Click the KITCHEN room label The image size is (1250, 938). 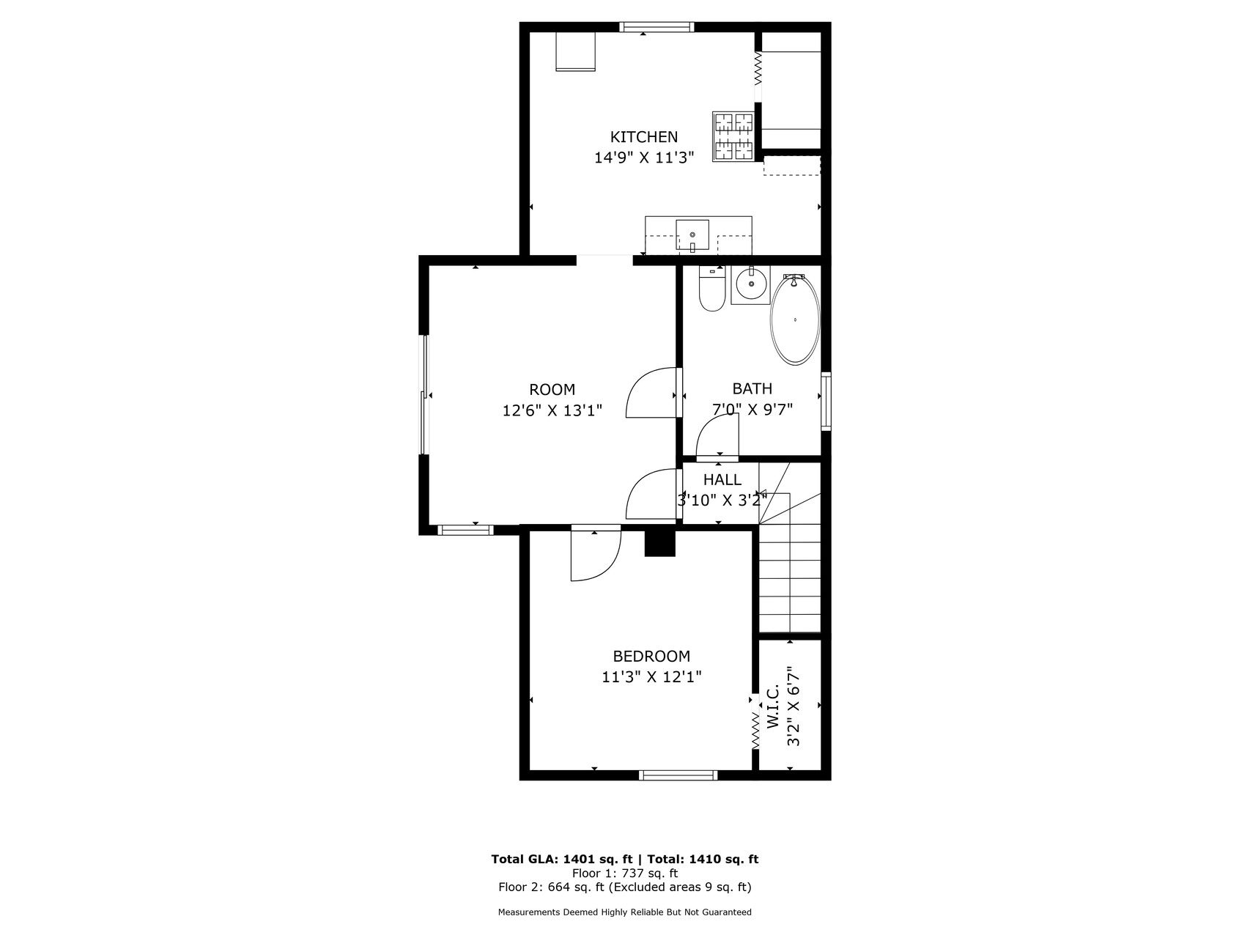644,137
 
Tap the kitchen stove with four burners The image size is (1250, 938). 733,136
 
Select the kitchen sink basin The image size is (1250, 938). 692,234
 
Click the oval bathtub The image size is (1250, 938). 795,320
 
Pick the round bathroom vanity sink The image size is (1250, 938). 750,282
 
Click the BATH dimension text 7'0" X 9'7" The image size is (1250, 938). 752,410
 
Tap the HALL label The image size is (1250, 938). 722,480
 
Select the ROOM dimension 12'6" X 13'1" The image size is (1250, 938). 552,410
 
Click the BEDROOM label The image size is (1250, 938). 651,657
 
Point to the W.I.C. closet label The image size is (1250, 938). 773,708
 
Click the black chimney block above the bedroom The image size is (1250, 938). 659,543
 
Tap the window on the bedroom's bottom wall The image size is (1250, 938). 678,775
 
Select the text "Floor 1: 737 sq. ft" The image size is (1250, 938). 625,874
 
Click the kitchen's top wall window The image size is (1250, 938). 656,27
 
